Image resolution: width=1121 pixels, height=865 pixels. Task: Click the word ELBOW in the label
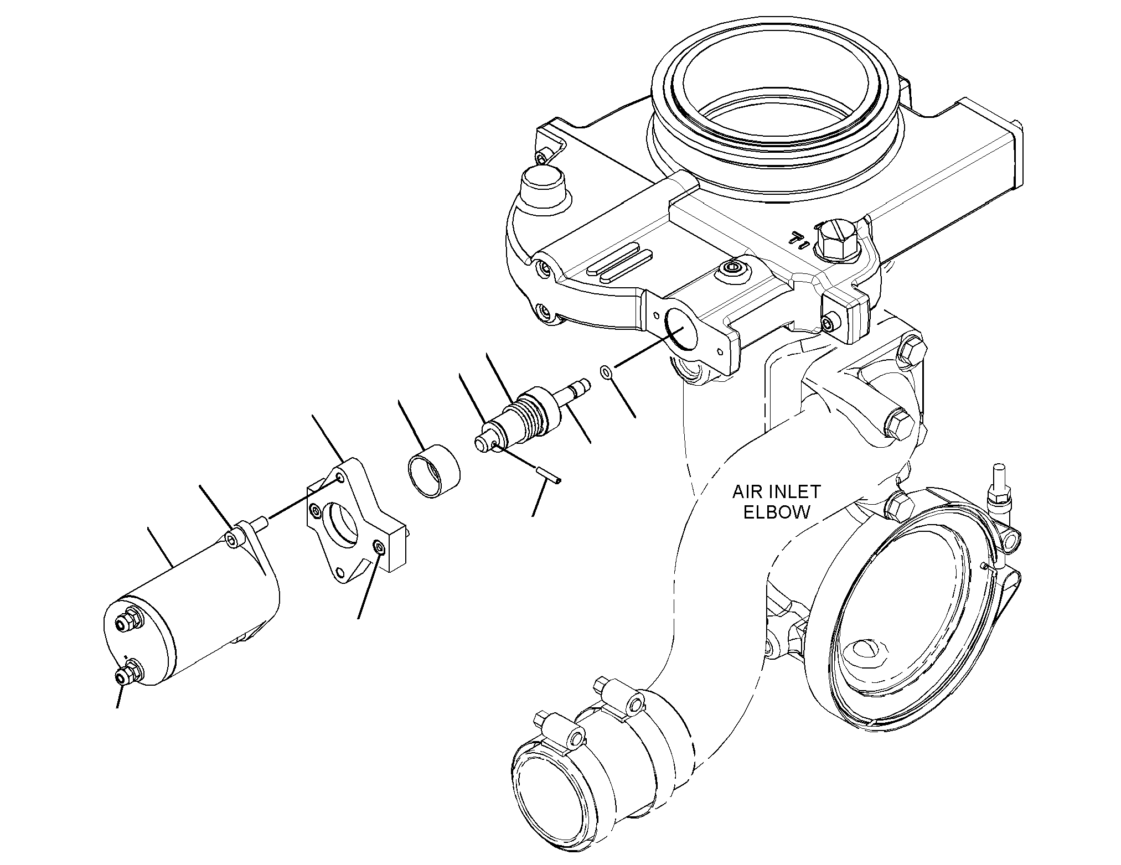click(776, 512)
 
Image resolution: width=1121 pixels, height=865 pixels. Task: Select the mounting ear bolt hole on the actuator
click(234, 536)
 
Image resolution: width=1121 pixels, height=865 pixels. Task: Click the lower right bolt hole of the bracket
click(379, 548)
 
